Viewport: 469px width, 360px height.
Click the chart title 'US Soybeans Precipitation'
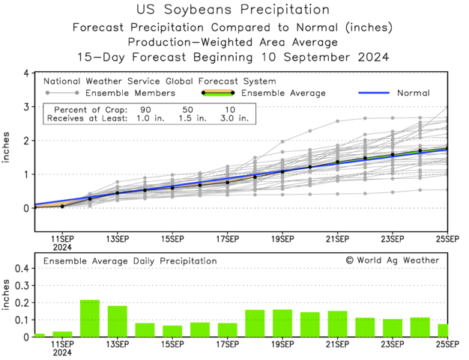234,10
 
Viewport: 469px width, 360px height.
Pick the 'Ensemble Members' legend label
130,94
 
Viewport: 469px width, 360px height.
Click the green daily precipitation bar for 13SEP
118,321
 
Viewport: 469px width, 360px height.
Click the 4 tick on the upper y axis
26,73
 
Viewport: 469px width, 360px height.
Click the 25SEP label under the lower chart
447,344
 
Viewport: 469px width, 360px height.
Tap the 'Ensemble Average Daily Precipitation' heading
130,260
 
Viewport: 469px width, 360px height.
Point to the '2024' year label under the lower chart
62,353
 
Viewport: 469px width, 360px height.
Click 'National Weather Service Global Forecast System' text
160,81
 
